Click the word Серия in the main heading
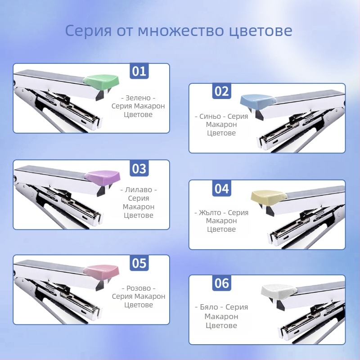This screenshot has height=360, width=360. [x=88, y=31]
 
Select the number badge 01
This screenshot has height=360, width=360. [x=139, y=71]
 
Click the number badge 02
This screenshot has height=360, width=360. [x=221, y=91]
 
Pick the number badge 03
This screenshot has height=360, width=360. [x=139, y=168]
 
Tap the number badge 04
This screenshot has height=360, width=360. [x=221, y=188]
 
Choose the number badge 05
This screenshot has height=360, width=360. [x=139, y=263]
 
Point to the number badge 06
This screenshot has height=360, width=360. [x=221, y=283]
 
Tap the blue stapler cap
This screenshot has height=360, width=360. [x=258, y=102]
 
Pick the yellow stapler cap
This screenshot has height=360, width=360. [x=269, y=198]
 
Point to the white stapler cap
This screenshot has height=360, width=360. [x=279, y=292]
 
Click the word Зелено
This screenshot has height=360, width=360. [x=138, y=98]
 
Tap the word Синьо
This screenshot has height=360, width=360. [x=210, y=117]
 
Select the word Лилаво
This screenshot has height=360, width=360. [x=139, y=189]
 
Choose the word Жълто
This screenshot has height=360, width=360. [x=210, y=212]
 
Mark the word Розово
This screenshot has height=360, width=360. [x=139, y=288]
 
